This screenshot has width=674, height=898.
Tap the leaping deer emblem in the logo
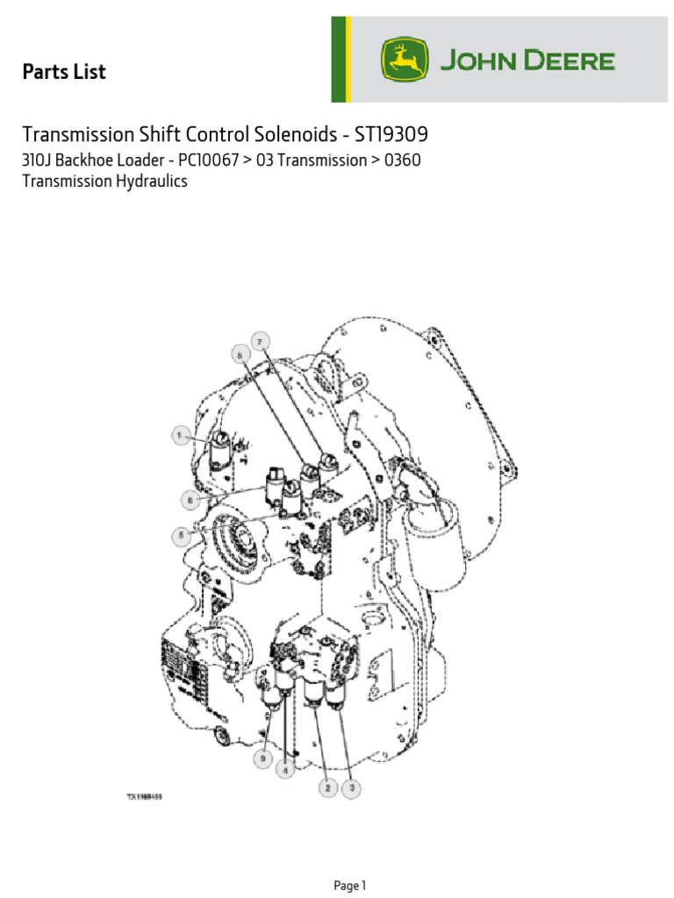tap(405, 61)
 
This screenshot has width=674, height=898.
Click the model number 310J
tap(38, 160)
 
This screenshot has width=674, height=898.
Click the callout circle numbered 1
tap(180, 434)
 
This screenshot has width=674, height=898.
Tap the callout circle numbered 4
tap(285, 768)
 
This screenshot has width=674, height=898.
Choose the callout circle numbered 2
tap(326, 788)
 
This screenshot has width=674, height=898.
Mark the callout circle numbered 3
tap(351, 788)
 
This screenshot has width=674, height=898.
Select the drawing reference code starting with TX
tap(146, 797)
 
